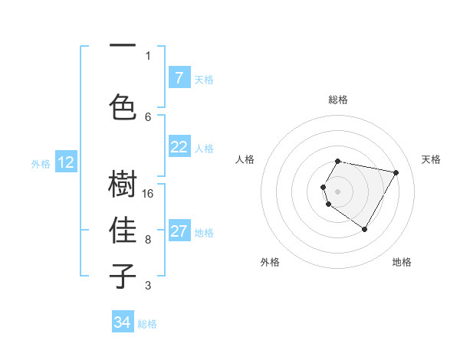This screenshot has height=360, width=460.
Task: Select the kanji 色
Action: (x=123, y=106)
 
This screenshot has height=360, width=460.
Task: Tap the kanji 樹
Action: (x=123, y=185)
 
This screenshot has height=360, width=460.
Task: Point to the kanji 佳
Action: (x=123, y=230)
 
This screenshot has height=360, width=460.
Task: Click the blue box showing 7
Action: (x=179, y=77)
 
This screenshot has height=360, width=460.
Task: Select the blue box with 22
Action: (x=179, y=147)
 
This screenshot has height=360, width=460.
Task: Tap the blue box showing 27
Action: (x=179, y=231)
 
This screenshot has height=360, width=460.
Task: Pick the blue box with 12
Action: (x=66, y=162)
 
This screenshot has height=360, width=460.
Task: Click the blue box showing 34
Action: (x=123, y=322)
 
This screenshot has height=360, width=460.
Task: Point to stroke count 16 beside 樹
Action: (x=148, y=193)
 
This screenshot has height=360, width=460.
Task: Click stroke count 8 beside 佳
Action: (x=148, y=239)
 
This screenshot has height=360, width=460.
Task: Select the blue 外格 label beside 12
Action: (x=41, y=163)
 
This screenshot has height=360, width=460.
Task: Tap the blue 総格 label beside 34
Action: (x=147, y=324)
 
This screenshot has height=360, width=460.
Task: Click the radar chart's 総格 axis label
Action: (x=338, y=100)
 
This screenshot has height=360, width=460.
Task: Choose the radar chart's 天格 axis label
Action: (x=431, y=159)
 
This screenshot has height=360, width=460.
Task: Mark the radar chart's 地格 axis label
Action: (x=402, y=262)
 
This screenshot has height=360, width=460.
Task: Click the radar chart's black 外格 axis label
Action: (x=270, y=262)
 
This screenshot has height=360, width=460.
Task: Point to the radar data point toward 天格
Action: (x=396, y=172)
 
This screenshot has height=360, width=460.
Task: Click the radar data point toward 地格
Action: (x=364, y=229)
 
